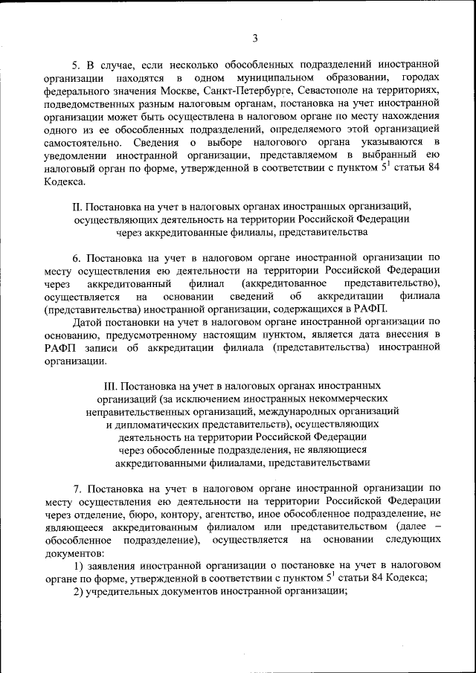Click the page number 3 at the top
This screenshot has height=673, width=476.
pyautogui.click(x=255, y=39)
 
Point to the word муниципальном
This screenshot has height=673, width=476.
pyautogui.click(x=266, y=77)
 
